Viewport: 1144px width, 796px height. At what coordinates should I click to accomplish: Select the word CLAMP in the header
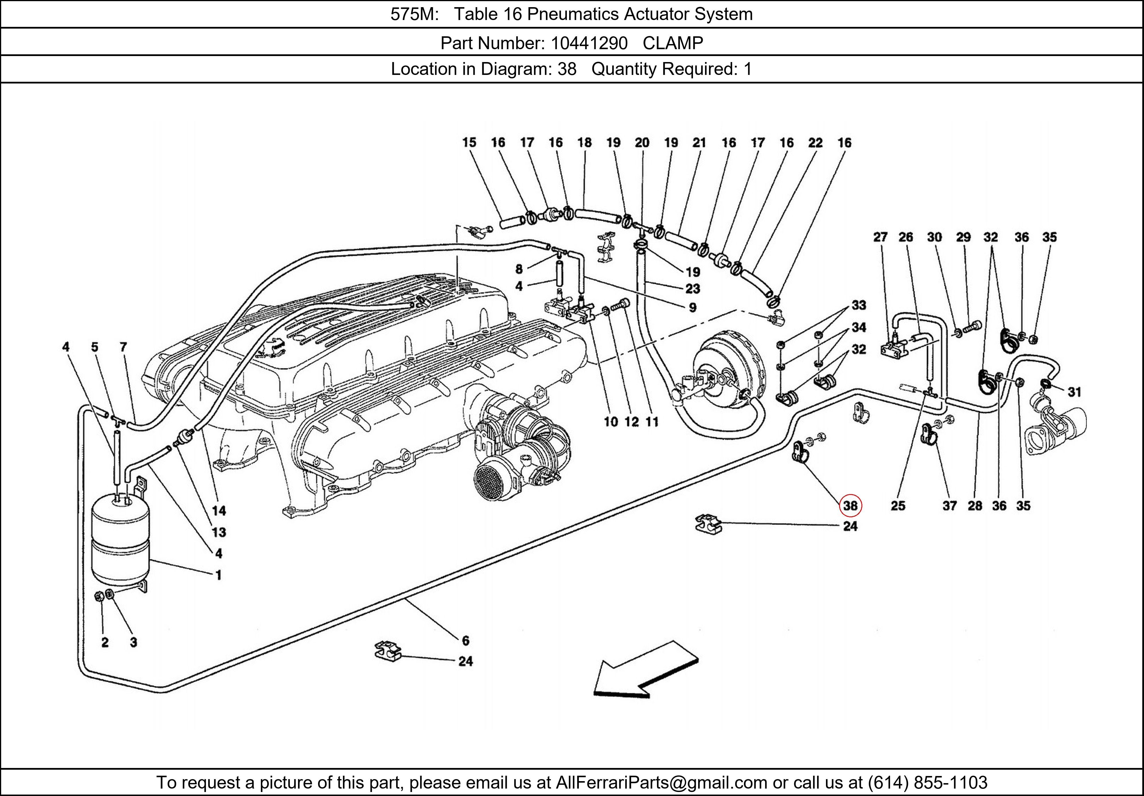673,43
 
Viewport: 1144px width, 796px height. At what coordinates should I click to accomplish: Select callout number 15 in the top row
469,143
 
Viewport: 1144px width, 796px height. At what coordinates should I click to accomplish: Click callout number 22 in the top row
815,143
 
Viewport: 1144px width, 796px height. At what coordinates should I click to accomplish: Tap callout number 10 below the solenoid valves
611,422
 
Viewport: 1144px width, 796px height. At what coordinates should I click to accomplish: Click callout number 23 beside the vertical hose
693,289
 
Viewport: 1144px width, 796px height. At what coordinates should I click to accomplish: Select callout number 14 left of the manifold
219,511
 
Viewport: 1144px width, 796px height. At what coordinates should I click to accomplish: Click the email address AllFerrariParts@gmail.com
661,783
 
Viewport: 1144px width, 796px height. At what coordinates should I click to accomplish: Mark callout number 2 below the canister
105,642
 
